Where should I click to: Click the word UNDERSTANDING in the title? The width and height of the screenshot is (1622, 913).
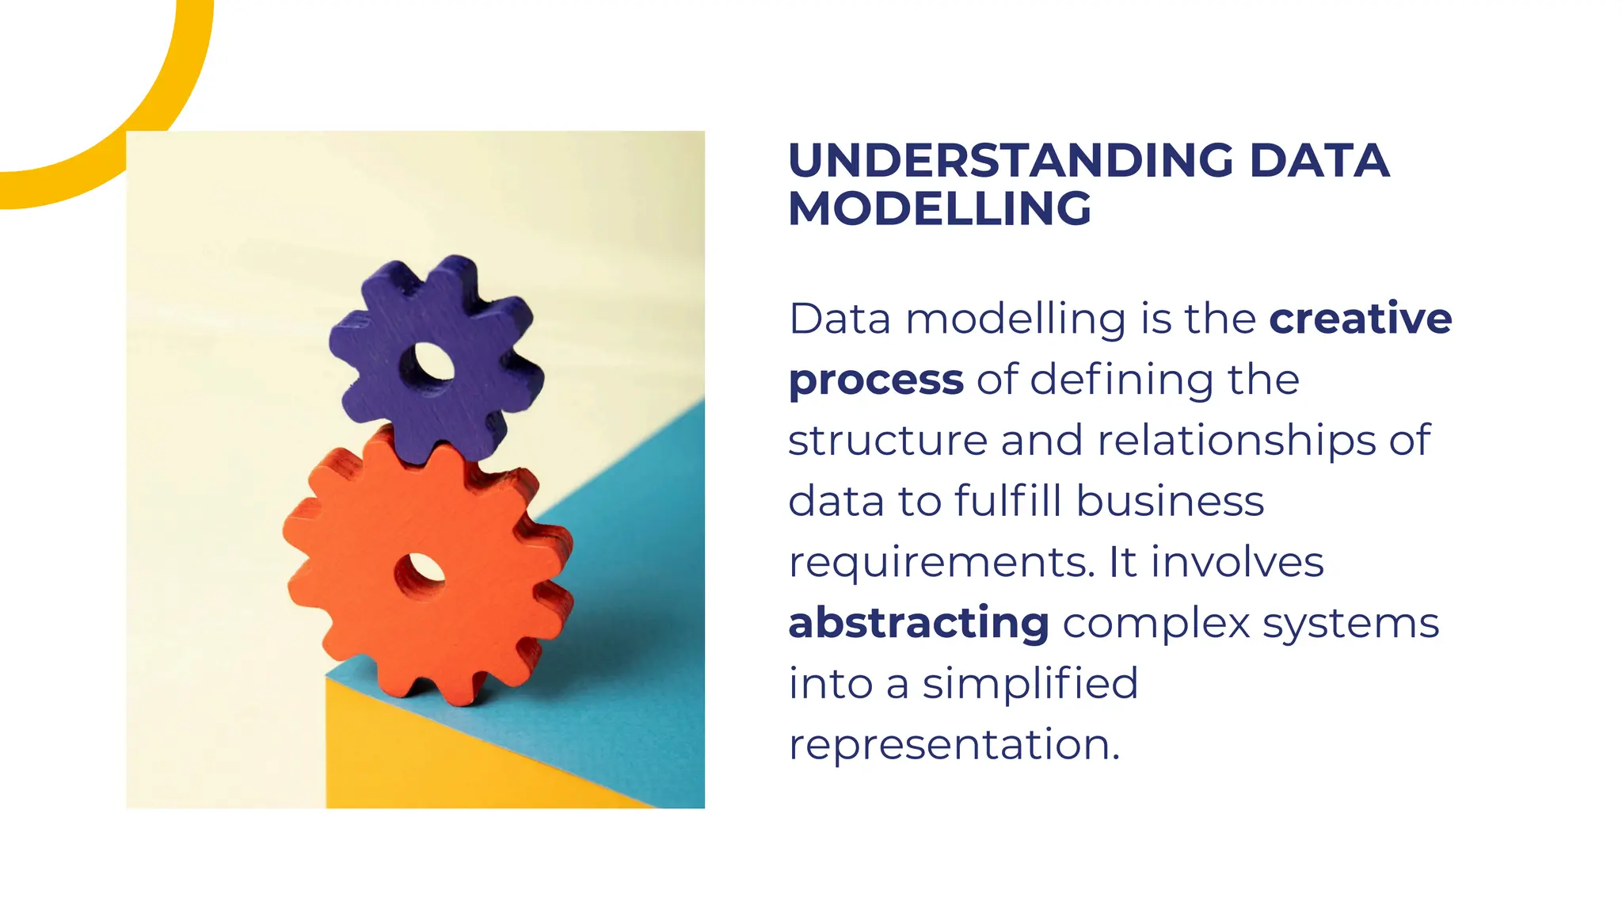tap(1011, 161)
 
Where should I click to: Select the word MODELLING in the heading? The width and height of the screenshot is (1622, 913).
tap(939, 209)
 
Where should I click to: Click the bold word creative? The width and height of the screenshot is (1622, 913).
tap(1360, 319)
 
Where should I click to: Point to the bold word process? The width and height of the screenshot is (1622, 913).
tap(876, 380)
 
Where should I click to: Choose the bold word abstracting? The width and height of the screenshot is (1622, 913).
tap(919, 623)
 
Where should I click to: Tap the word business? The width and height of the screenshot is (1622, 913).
tap(1170, 502)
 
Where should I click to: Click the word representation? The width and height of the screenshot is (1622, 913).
tap(954, 745)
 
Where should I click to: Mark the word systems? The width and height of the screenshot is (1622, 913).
tap(1350, 623)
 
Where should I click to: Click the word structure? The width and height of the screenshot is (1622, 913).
tap(887, 441)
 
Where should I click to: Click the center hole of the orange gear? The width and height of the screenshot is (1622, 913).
tap(419, 576)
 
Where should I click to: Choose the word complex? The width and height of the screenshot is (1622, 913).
tap(1156, 623)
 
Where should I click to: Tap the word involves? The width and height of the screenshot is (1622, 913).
tap(1237, 563)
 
